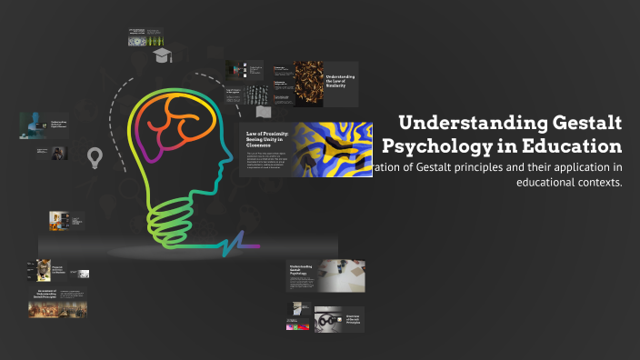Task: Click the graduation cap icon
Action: click(x=163, y=56)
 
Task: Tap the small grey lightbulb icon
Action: click(x=92, y=159)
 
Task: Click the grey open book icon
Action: click(x=264, y=112)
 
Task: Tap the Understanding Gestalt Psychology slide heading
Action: click(x=301, y=270)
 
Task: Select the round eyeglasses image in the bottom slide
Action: click(x=327, y=319)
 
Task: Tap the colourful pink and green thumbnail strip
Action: click(x=298, y=325)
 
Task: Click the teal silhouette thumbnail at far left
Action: click(x=33, y=125)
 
